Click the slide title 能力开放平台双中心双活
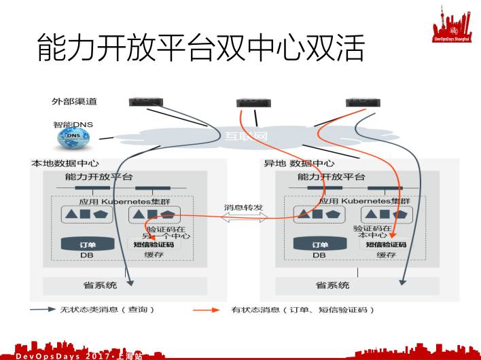200,49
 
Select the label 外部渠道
74,102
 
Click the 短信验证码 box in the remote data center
386,245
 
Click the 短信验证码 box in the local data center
153,245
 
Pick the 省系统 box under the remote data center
333,285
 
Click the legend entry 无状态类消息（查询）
109,310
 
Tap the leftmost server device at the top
147,102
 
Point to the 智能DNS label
73,124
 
